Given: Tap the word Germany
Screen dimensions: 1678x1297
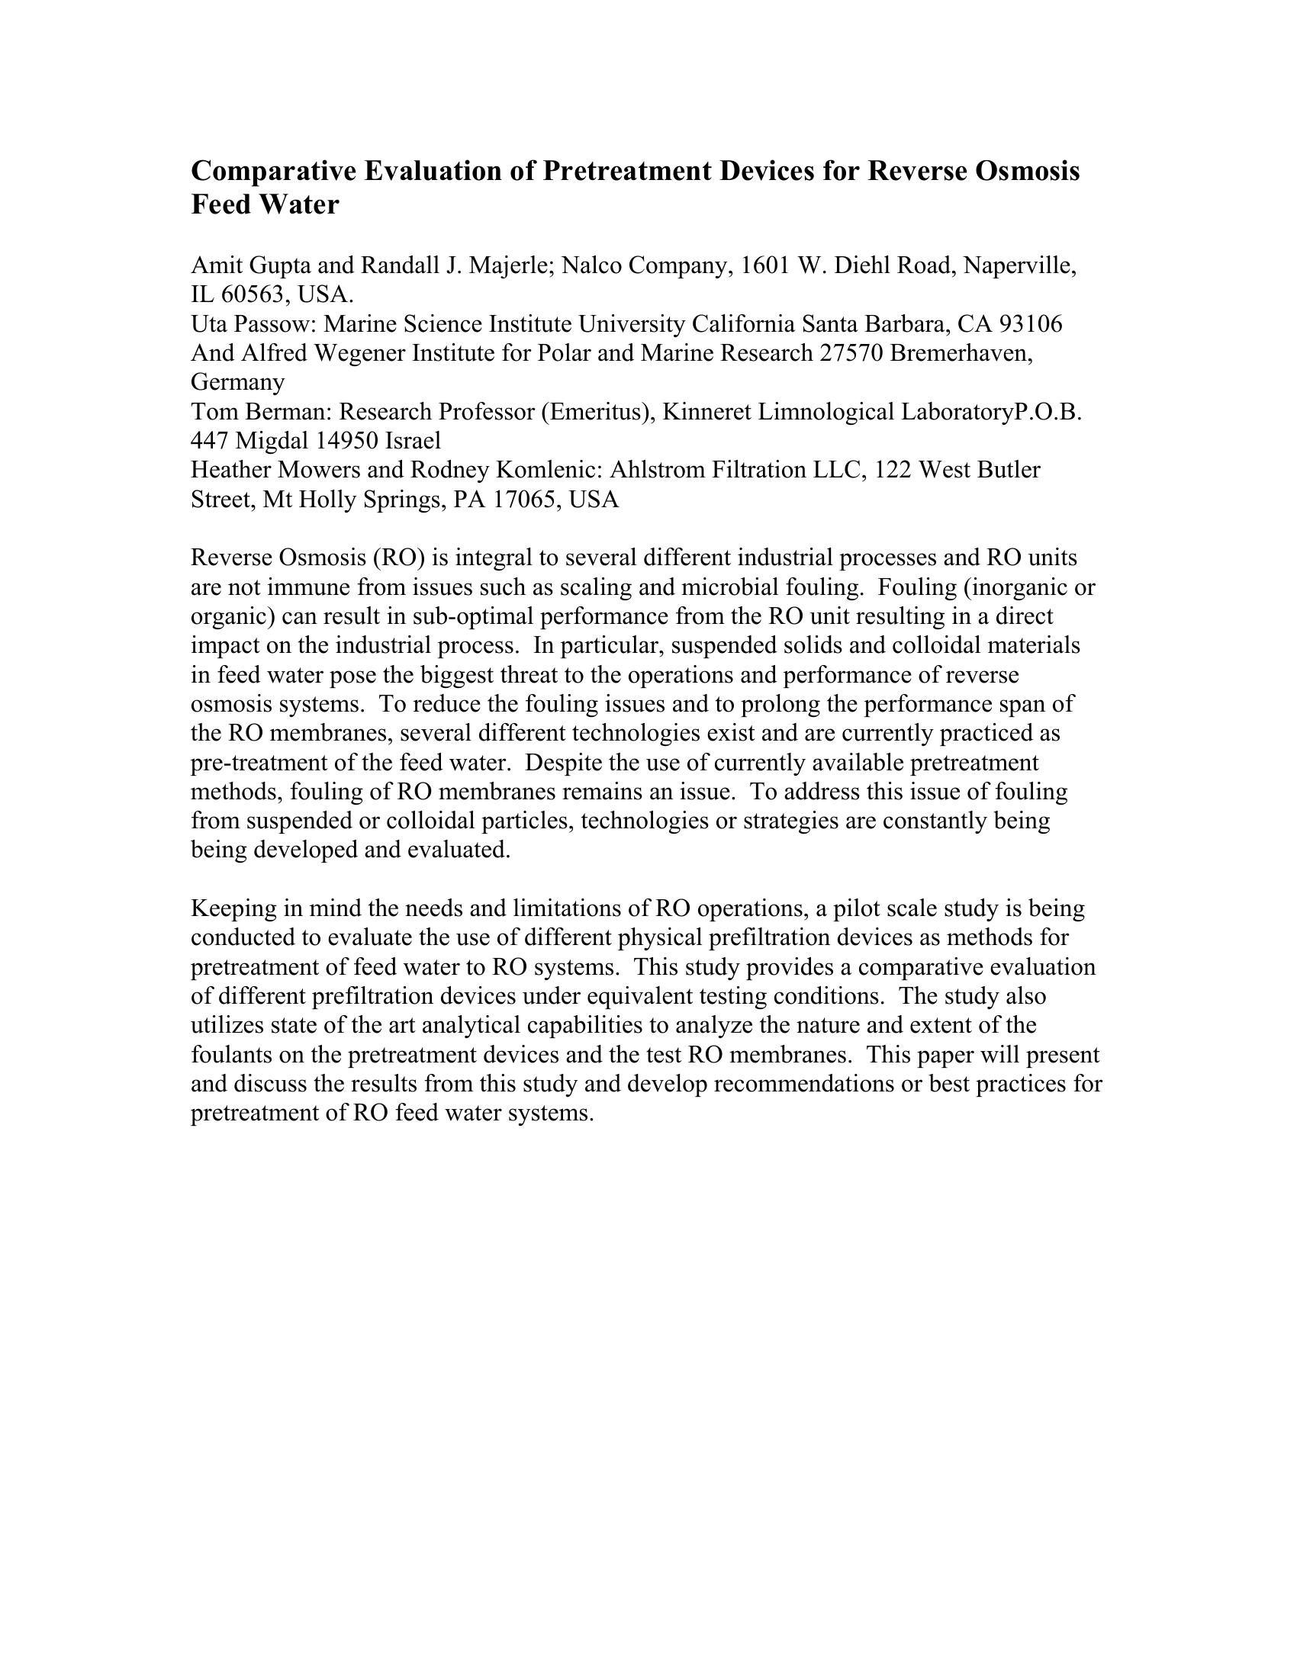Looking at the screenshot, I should coord(237,382).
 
